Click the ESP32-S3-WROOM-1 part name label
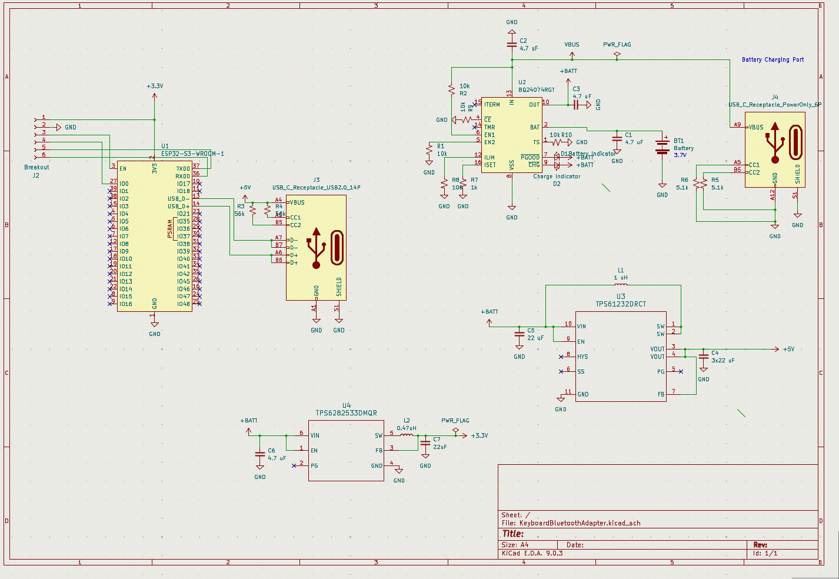[x=192, y=154]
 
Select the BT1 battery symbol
[x=662, y=147]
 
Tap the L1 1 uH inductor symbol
[x=621, y=285]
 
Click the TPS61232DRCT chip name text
[x=621, y=304]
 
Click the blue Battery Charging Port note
[x=773, y=59]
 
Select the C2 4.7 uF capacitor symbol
[x=512, y=45]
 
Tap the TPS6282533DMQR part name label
[x=346, y=413]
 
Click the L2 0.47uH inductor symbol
[x=407, y=435]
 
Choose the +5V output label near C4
[x=788, y=349]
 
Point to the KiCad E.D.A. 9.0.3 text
[x=532, y=553]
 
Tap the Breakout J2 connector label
[x=36, y=171]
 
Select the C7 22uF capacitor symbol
[x=425, y=447]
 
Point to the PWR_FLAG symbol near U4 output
[x=455, y=431]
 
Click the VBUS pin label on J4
[x=755, y=127]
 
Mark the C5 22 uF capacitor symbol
[x=519, y=334]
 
